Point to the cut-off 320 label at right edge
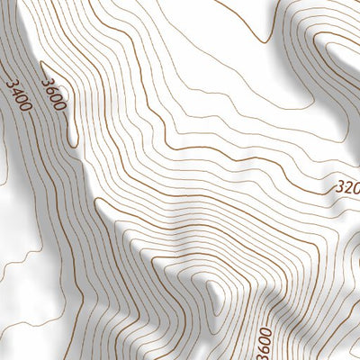[346, 190]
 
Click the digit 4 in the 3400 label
[15, 91]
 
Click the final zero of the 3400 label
[25, 108]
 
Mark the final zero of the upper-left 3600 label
[59, 106]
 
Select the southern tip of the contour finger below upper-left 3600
[71, 139]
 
